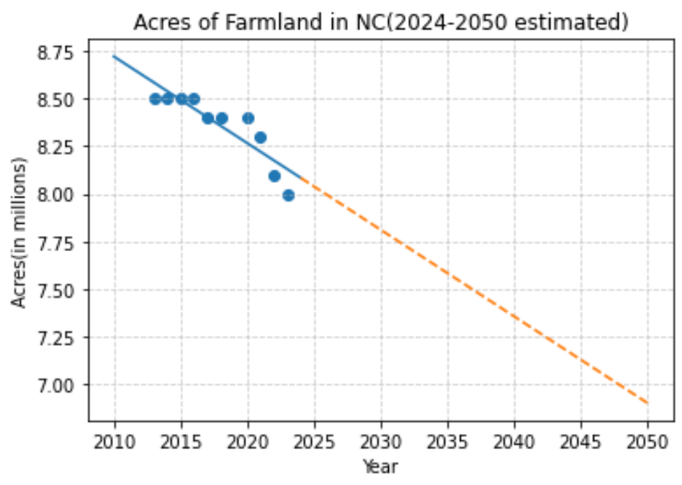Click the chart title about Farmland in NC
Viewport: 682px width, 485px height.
tap(381, 23)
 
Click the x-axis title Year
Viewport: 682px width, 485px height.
tap(380, 466)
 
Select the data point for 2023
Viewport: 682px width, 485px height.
tap(288, 195)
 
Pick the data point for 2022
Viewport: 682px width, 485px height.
tap(274, 176)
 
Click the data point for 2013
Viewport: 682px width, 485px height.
tap(155, 99)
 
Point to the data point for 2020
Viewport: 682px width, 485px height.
tap(248, 118)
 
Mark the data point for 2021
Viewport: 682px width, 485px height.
tap(261, 137)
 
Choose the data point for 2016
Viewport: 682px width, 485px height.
tap(194, 99)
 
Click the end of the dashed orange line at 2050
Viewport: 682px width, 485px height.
tap(647, 403)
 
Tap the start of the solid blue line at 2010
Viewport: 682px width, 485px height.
tap(115, 56)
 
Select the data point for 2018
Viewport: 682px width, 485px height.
tap(221, 118)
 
